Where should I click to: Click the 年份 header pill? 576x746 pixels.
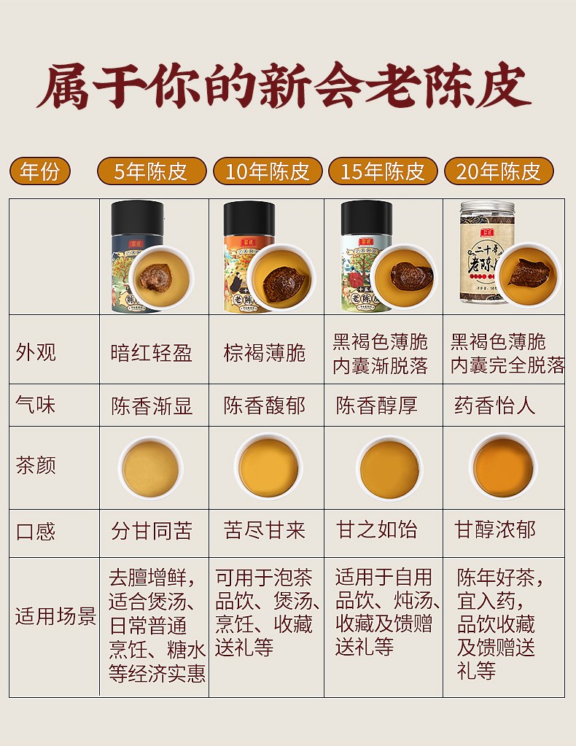pos(40,171)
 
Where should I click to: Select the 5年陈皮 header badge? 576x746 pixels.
pos(152,171)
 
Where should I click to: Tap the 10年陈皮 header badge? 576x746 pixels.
pos(268,171)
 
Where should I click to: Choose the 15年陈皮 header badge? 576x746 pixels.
pos(383,171)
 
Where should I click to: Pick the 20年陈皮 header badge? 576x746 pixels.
pos(499,171)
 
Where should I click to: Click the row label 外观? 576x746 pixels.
pos(36,352)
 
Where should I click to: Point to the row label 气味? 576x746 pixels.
pos(36,405)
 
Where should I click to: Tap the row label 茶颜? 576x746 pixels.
pos(36,465)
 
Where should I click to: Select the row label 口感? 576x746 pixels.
pos(36,532)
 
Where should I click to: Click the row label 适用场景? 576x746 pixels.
pos(55,616)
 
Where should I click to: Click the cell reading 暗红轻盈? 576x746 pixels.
pos(151,353)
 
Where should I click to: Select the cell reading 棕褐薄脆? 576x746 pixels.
pos(265,353)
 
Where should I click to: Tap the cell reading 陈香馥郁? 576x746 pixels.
pos(265,406)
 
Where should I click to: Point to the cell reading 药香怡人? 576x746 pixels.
pos(494,406)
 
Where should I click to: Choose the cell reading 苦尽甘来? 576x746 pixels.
pos(265,530)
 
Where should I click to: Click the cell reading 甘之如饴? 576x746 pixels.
pos(377,530)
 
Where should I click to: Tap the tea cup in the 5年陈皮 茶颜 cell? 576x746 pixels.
pos(151,468)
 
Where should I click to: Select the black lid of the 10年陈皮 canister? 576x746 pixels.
pos(249,218)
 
